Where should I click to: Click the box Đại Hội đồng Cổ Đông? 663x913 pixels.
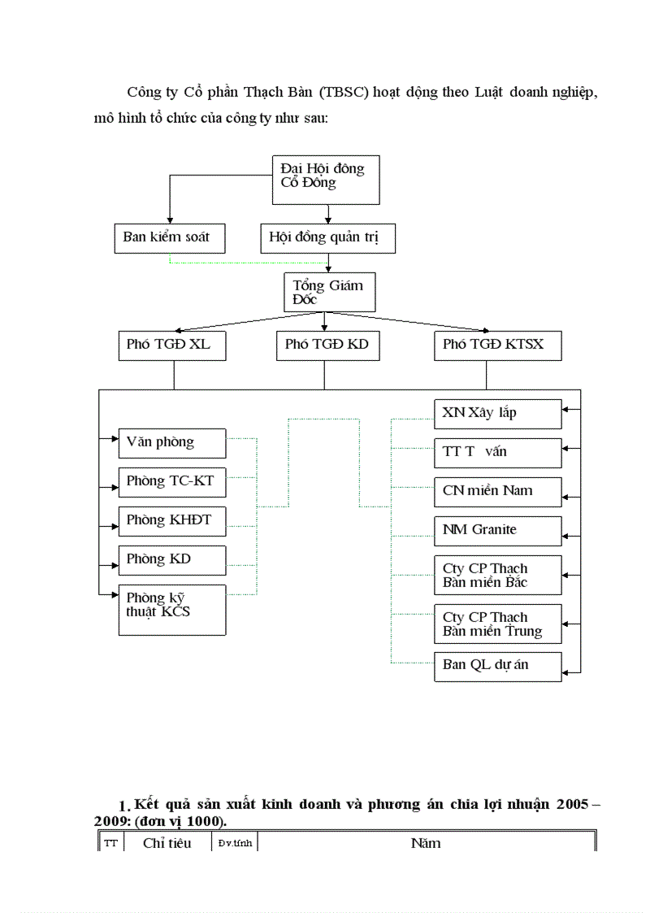(x=324, y=179)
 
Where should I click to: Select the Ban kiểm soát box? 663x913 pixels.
(x=169, y=237)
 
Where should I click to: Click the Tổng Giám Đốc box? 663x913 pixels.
(x=329, y=292)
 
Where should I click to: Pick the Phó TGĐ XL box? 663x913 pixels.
(x=171, y=345)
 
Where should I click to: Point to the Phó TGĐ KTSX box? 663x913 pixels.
(x=497, y=345)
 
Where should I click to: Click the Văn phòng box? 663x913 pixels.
(x=171, y=443)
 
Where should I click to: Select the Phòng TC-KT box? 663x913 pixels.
(x=171, y=481)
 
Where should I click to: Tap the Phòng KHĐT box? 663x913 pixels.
(x=171, y=520)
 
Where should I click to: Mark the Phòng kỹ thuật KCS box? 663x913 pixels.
(x=171, y=609)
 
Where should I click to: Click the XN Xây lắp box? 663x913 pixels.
(x=496, y=413)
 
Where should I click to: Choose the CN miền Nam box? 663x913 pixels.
(x=496, y=491)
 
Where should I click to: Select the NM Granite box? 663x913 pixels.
(x=496, y=530)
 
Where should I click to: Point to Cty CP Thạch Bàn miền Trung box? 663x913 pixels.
(x=496, y=624)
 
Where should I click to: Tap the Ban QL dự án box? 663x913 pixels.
(x=496, y=665)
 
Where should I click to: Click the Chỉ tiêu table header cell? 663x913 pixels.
(x=167, y=843)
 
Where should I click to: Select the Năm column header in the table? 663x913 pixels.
(x=426, y=843)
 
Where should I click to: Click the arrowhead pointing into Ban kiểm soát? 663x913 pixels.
(x=169, y=220)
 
